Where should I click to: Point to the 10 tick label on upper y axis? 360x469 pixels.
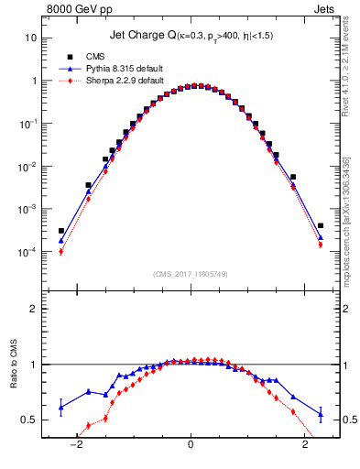[x=31, y=38]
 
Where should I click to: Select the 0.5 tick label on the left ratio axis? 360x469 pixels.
[x=28, y=420]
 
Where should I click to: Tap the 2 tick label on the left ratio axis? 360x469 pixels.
[x=33, y=309]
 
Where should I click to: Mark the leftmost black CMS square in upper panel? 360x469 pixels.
[x=61, y=231]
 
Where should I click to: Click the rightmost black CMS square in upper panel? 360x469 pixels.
[x=321, y=225]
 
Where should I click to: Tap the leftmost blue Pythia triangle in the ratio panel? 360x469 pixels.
[x=61, y=407]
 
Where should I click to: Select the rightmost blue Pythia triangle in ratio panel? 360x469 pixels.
[x=321, y=414]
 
